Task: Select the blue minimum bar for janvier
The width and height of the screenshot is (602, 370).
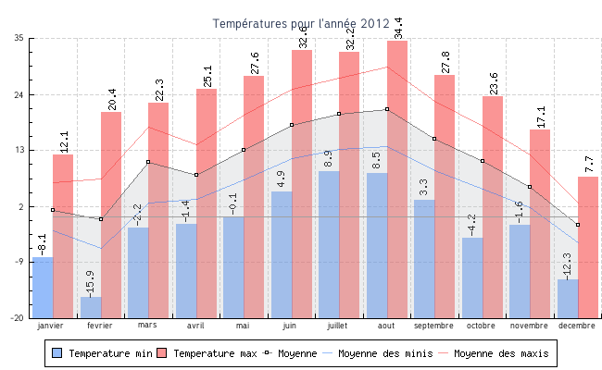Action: (43, 287)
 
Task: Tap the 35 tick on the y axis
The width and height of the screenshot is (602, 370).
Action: (19, 38)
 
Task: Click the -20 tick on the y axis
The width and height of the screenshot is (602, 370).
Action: (18, 318)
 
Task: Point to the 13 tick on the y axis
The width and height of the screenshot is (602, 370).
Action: (19, 150)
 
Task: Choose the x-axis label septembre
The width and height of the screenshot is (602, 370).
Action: (433, 326)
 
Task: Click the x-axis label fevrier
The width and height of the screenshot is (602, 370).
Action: (100, 326)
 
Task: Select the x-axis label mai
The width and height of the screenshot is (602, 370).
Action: (244, 326)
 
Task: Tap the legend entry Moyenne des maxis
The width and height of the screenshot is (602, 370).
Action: (501, 353)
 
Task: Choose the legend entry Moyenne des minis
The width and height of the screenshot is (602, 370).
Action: (383, 353)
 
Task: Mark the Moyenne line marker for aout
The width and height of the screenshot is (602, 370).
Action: (387, 109)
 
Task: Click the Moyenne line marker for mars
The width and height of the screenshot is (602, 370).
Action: (148, 162)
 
